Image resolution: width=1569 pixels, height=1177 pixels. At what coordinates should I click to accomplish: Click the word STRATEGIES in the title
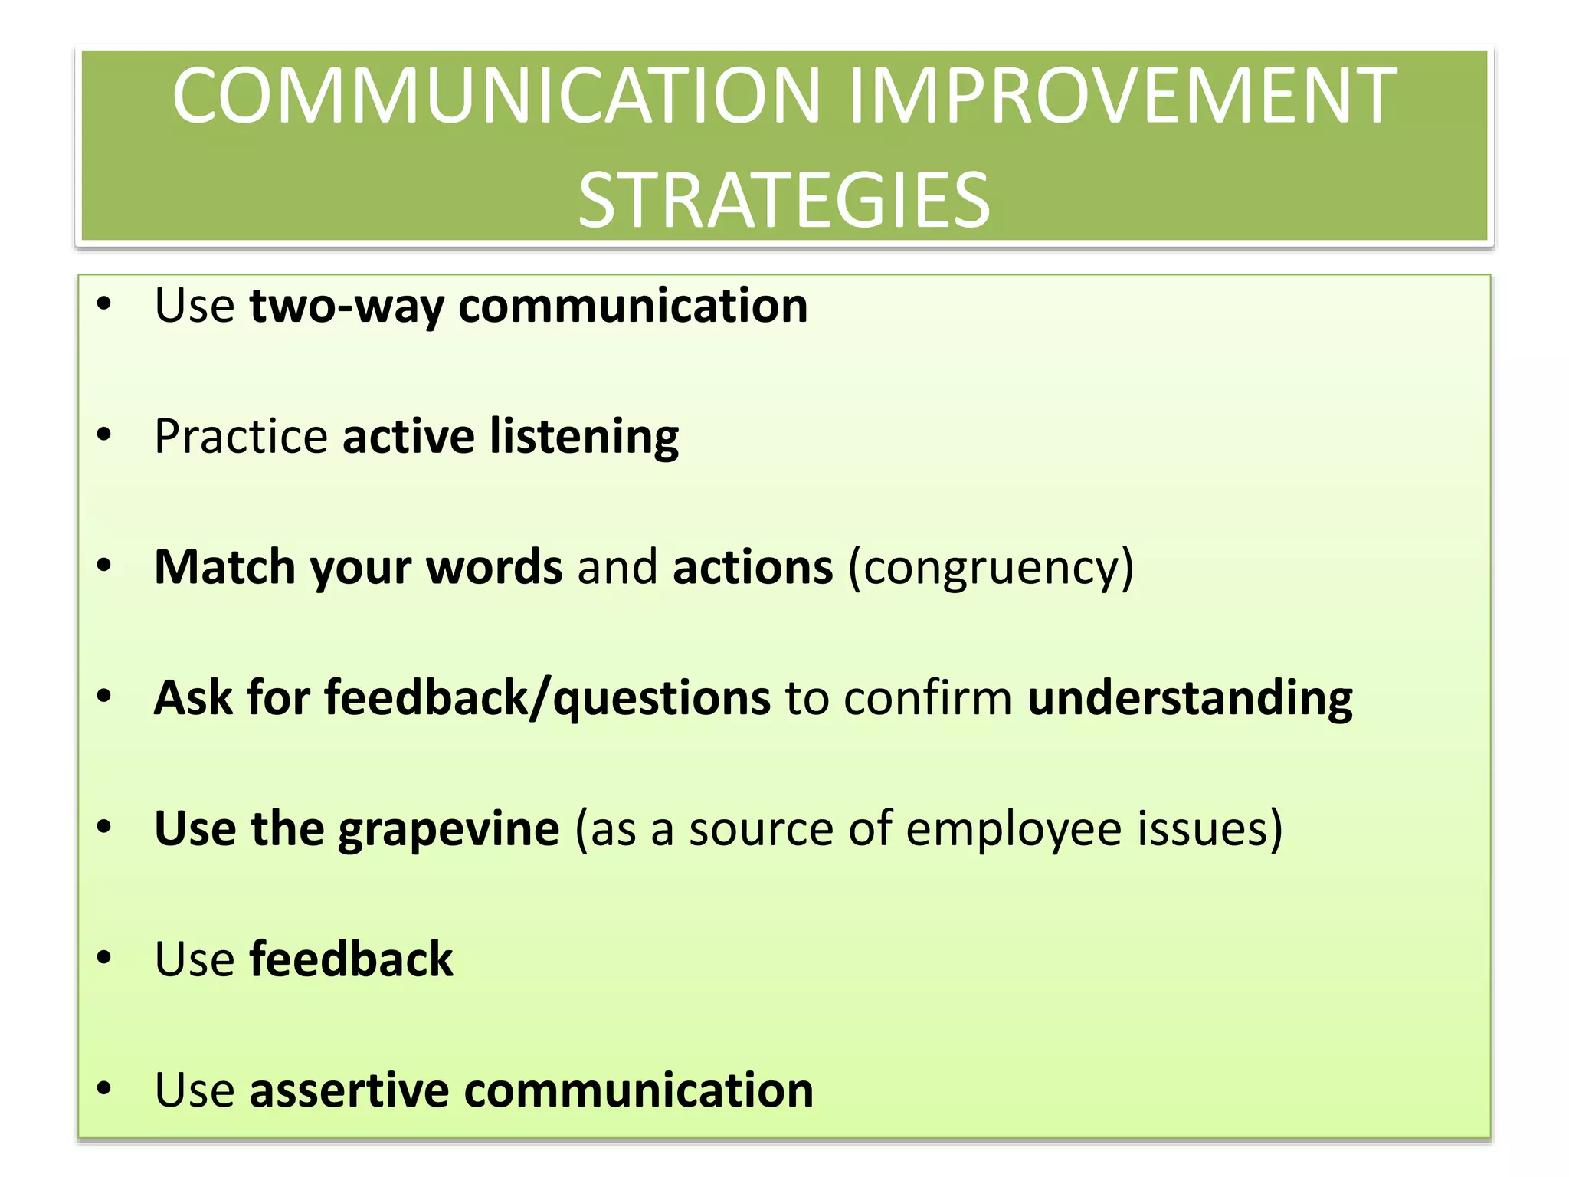point(784,201)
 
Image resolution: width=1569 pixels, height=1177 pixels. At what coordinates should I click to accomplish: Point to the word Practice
point(241,437)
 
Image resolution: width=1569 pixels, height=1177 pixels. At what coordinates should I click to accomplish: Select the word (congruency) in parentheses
point(991,569)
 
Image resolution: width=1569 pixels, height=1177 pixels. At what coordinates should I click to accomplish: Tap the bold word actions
point(752,567)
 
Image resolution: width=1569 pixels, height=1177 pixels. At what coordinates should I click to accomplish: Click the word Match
point(224,567)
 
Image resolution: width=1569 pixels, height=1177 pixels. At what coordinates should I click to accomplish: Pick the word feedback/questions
point(547,699)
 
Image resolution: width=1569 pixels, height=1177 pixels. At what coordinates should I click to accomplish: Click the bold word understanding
point(1190,699)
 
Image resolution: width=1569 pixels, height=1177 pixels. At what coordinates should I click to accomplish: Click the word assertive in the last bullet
point(349,1090)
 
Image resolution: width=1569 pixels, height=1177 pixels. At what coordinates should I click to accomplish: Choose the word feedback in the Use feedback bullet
point(351,959)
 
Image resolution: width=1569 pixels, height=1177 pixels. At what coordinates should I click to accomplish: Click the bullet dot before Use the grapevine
point(104,827)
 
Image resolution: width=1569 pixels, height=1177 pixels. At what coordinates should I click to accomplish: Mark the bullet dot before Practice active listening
point(104,435)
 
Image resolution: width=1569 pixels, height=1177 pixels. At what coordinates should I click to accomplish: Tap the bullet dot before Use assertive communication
point(104,1088)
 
